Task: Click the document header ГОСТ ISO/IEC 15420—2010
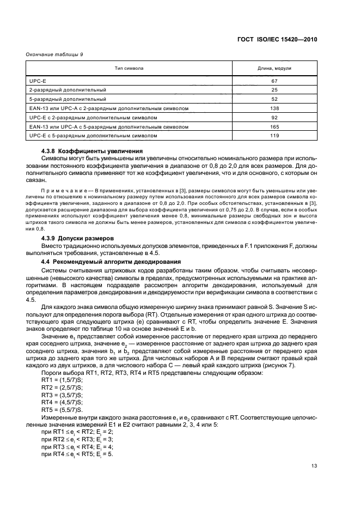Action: (278, 40)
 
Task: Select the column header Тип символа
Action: (129, 69)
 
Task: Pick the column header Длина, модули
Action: (274, 69)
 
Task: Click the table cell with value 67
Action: (274, 80)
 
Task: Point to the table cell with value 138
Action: (274, 108)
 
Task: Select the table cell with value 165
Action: (274, 126)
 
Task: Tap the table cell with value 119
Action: (274, 135)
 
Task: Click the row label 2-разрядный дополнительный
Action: (68, 89)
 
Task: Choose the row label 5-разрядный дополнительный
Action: (68, 99)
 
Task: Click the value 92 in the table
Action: (274, 117)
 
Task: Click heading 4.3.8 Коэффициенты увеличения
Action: (92, 151)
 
